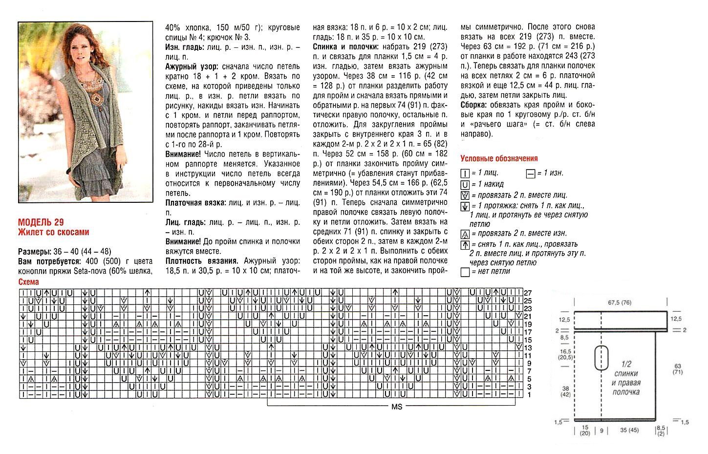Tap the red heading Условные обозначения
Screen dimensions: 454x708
[x=499, y=158]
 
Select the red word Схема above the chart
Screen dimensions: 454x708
[x=28, y=282]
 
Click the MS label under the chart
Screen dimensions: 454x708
[x=396, y=407]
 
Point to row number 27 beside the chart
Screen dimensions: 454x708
[x=527, y=293]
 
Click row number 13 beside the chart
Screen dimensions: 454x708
[x=527, y=347]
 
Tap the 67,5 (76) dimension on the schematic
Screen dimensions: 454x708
[x=619, y=303]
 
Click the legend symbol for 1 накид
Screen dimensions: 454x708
[x=465, y=184]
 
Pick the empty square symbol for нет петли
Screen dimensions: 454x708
[x=465, y=272]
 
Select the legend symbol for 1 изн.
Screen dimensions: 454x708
[x=530, y=173]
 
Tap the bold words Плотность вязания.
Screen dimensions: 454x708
[x=202, y=260]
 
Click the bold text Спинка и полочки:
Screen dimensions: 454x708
[x=345, y=46]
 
